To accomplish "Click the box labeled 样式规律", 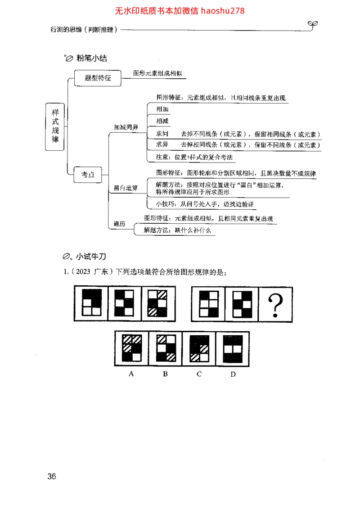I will [x=55, y=126].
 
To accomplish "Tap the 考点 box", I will [x=88, y=175].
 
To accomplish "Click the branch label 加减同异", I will [x=126, y=127].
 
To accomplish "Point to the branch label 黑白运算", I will [x=126, y=188].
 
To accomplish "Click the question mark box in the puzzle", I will [x=274, y=304].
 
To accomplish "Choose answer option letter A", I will [x=131, y=374].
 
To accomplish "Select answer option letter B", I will [x=165, y=374].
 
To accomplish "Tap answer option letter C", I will [x=199, y=374].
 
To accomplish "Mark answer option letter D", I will [x=233, y=374].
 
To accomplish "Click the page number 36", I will [x=52, y=477].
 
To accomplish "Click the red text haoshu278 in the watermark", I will [x=223, y=10].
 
